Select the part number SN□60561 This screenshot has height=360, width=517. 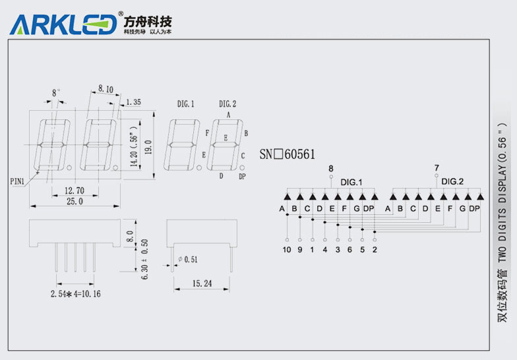click(x=287, y=154)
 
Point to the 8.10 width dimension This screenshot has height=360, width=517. click(x=106, y=88)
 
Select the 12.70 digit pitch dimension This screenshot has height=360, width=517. click(x=74, y=191)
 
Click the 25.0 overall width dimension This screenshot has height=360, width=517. click(x=74, y=202)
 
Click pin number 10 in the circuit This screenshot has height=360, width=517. click(x=286, y=250)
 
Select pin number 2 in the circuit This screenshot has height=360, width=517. click(x=375, y=250)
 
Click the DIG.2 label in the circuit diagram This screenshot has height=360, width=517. click(x=452, y=181)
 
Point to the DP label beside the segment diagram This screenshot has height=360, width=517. click(x=242, y=177)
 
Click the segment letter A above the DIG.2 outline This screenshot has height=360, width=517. click(x=228, y=113)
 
